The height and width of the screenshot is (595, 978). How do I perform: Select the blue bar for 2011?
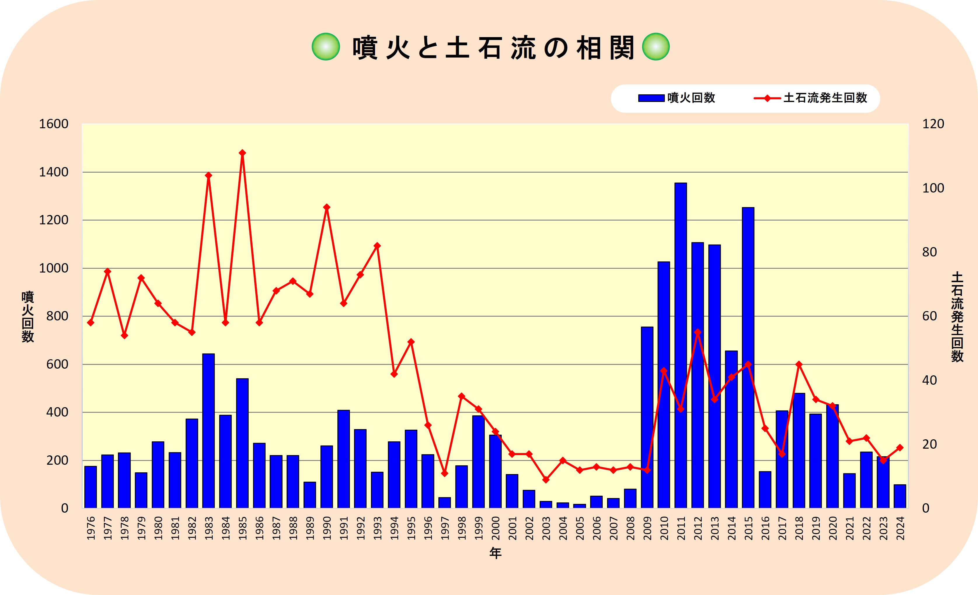pyautogui.click(x=680, y=346)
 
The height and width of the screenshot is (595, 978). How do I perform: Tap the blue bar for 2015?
pyautogui.click(x=748, y=358)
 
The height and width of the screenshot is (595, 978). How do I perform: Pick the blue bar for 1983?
pyautogui.click(x=208, y=431)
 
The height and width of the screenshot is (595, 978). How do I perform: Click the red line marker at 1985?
pyautogui.click(x=243, y=153)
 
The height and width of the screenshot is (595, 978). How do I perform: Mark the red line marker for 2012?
pyautogui.click(x=697, y=332)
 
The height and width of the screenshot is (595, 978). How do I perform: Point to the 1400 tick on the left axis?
pyautogui.click(x=54, y=172)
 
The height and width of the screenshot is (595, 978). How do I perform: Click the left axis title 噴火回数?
pyautogui.click(x=28, y=317)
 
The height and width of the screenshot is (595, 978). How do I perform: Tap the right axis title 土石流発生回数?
pyautogui.click(x=957, y=317)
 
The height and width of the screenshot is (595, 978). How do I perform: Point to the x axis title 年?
pyautogui.click(x=495, y=553)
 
